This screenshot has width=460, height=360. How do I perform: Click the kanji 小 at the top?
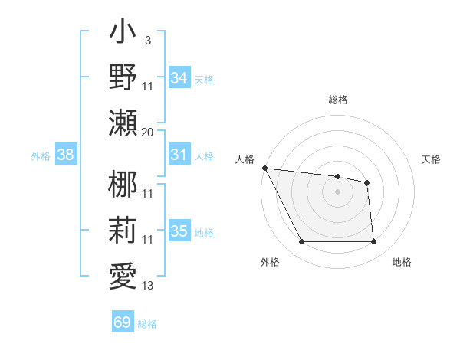click(x=123, y=35)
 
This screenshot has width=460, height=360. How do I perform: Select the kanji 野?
click(x=123, y=77)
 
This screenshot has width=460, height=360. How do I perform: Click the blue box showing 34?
click(x=179, y=77)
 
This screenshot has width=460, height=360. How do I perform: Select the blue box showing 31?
click(x=179, y=155)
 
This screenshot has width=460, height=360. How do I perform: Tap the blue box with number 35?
click(x=179, y=231)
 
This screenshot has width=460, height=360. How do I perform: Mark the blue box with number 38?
click(x=66, y=155)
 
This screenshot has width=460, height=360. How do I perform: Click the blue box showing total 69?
click(x=123, y=322)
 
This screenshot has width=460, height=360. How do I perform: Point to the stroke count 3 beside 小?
click(x=147, y=39)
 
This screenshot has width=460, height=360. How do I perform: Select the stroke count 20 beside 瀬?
click(x=148, y=132)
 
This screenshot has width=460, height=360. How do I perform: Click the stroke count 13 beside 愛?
click(x=148, y=286)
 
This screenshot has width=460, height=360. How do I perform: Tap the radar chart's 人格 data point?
click(x=264, y=168)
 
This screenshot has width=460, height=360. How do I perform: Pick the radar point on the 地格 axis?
click(x=373, y=242)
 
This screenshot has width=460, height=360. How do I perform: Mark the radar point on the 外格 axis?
click(x=301, y=242)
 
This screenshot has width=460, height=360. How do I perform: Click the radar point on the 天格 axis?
click(x=367, y=182)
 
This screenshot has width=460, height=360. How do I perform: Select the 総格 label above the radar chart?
click(x=338, y=100)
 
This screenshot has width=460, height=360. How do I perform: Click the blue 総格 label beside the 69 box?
click(x=147, y=324)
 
